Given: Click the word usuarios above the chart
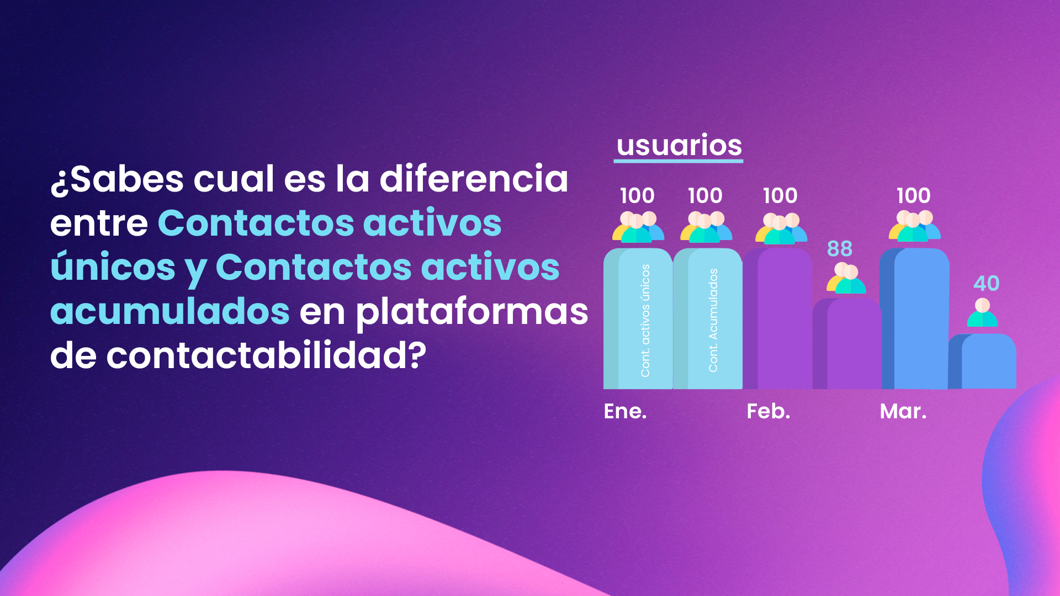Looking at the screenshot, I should [679, 146].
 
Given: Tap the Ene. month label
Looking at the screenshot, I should [625, 411].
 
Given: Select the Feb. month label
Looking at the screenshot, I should [768, 411].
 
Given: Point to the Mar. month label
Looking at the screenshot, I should [903, 411].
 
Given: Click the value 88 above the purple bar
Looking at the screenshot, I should [839, 249].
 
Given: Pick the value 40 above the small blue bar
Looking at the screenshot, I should [986, 284].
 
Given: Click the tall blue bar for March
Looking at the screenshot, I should [916, 320].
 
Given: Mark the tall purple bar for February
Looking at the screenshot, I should [778, 320].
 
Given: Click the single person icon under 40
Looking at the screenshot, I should [982, 313].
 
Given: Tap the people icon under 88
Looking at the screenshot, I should [846, 279].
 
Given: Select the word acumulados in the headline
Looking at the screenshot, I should [169, 311].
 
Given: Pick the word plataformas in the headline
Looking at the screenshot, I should [471, 312].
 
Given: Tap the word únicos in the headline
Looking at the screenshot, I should [113, 267].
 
